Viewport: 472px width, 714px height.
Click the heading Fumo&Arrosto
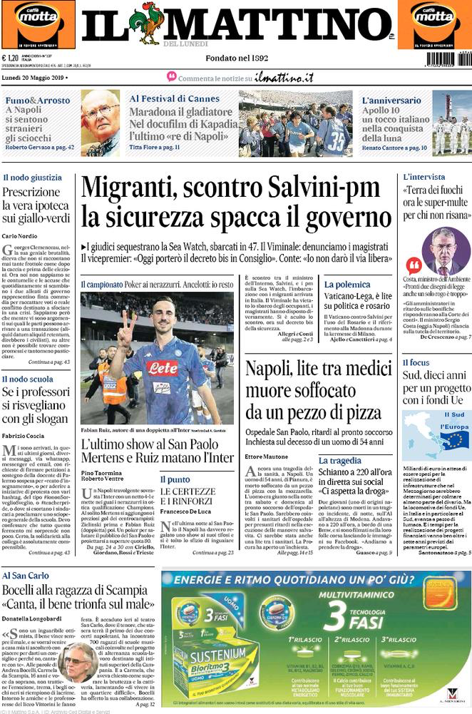coord(37,101)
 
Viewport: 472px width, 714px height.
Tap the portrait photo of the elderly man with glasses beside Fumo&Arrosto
coord(100,122)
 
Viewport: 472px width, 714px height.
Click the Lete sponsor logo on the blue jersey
coord(163,368)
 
